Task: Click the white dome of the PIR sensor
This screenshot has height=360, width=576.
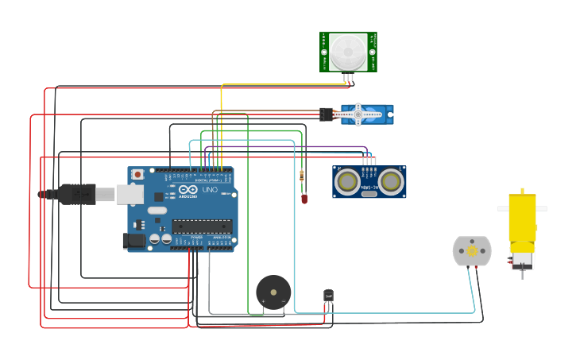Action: pyautogui.click(x=348, y=52)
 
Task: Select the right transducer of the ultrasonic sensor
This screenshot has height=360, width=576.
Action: pyautogui.click(x=390, y=182)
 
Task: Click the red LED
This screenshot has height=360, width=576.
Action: pyautogui.click(x=304, y=199)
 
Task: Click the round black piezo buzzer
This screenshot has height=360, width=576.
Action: pyautogui.click(x=273, y=292)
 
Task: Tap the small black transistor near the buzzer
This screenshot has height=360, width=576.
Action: pyautogui.click(x=329, y=296)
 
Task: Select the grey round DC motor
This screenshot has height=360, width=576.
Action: pyautogui.click(x=472, y=251)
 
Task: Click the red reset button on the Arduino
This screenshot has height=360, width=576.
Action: pyautogui.click(x=137, y=174)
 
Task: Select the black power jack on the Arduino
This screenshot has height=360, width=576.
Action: pyautogui.click(x=133, y=240)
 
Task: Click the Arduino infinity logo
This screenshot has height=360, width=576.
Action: pyautogui.click(x=189, y=191)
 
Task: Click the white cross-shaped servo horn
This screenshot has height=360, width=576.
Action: pyautogui.click(x=358, y=114)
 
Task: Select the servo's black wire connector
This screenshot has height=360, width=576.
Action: pyautogui.click(x=326, y=114)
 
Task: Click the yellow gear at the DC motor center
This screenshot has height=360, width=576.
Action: pyautogui.click(x=472, y=251)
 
